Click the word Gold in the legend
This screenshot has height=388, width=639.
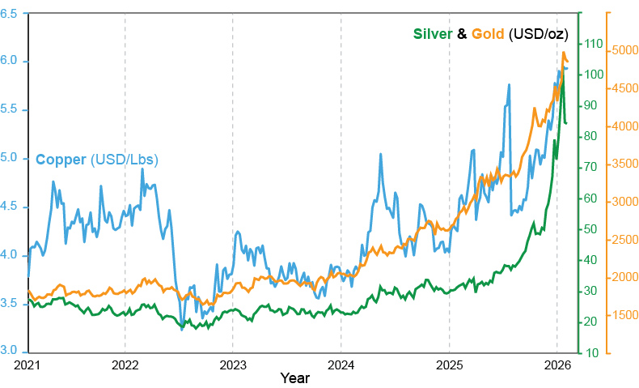pos(489,34)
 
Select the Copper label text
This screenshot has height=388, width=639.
pos(61,160)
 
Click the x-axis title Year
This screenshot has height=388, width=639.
pos(294,377)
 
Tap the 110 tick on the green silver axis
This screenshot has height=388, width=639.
pos(592,44)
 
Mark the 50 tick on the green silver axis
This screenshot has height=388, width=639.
pos(592,229)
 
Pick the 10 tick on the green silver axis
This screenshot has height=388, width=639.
pos(592,353)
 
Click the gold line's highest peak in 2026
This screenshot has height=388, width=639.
pos(564,53)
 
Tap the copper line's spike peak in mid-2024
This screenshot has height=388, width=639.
pos(380,155)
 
